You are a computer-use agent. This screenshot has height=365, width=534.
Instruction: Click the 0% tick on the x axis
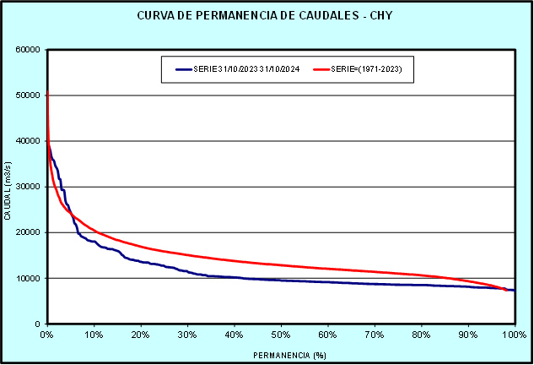coord(47,335)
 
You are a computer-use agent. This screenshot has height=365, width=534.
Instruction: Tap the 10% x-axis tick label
coord(94,335)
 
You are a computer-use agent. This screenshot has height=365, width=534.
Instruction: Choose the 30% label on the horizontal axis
coord(187,335)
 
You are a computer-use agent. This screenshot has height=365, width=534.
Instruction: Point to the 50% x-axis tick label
coord(281,335)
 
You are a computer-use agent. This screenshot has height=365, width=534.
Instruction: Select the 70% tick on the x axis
coord(375,335)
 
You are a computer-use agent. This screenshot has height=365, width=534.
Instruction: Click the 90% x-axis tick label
coord(468,335)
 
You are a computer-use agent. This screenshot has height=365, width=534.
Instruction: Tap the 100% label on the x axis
coord(514,335)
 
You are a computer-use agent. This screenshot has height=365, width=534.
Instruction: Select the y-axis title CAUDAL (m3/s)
coord(8,186)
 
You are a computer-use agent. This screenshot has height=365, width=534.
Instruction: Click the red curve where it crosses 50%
coord(281,265)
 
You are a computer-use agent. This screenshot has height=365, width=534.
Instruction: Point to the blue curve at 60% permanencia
coord(327,282)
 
